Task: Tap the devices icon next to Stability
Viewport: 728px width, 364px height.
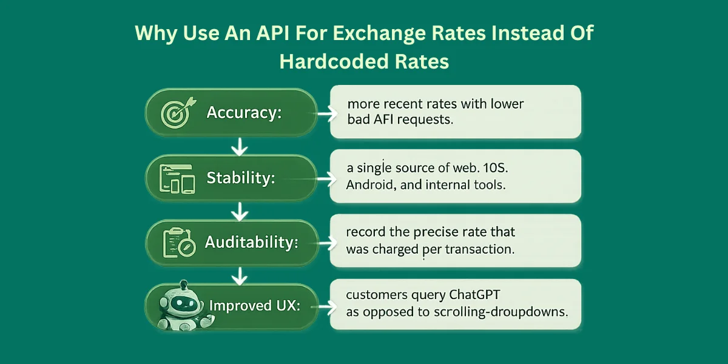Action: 176,178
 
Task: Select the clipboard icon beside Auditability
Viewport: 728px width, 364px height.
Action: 177,243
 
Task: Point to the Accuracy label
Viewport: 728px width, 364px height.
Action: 244,113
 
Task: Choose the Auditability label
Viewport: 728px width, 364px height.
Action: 251,243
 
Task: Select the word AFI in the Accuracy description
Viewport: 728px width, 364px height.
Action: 385,120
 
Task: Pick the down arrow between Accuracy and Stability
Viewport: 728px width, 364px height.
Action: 241,146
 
